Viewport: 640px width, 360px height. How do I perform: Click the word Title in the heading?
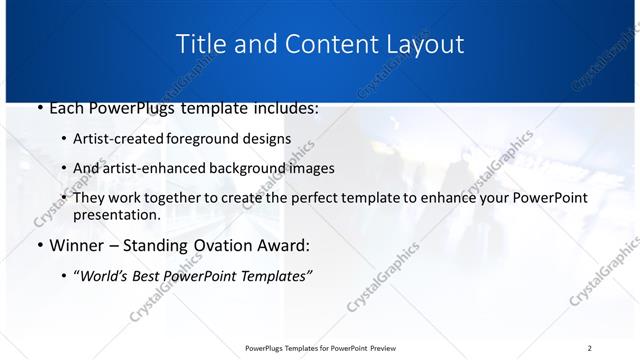pos(199,44)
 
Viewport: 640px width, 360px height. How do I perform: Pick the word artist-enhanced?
pos(150,168)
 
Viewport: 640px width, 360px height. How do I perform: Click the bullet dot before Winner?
pos(38,245)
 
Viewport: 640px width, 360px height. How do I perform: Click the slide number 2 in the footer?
pos(589,348)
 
